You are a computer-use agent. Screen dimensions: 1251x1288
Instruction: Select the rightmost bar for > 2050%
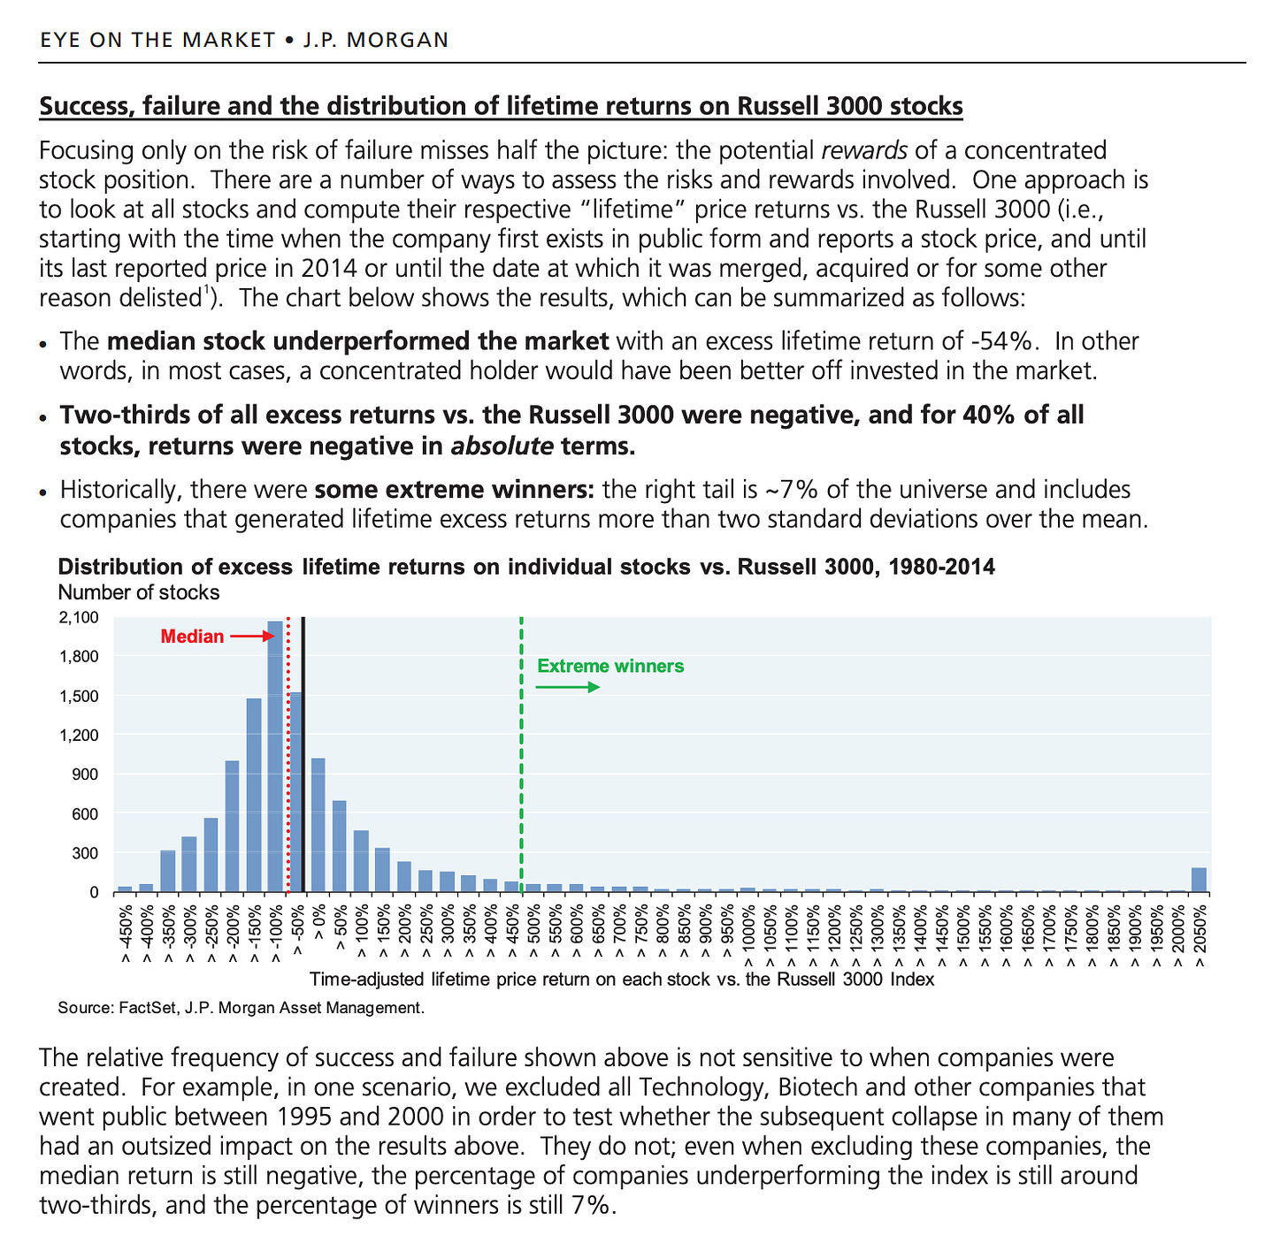tap(1199, 880)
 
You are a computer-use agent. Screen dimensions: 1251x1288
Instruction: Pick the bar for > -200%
tap(232, 826)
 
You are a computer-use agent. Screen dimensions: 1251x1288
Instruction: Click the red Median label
tap(192, 637)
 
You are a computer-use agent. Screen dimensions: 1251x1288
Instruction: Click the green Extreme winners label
tap(610, 666)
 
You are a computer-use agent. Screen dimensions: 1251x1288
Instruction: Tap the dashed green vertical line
tap(522, 751)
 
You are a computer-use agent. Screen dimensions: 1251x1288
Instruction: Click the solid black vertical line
tap(303, 751)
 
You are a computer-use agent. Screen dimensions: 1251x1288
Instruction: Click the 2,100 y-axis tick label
tap(80, 617)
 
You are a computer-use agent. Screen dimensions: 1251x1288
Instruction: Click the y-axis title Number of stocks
tap(138, 592)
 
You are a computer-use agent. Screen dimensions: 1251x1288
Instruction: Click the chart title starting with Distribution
tap(526, 567)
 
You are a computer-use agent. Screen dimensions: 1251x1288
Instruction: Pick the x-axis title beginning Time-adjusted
tap(622, 980)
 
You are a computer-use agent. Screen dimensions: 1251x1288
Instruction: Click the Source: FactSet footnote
tap(241, 1008)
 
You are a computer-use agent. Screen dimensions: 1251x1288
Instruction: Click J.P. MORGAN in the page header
tap(376, 40)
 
